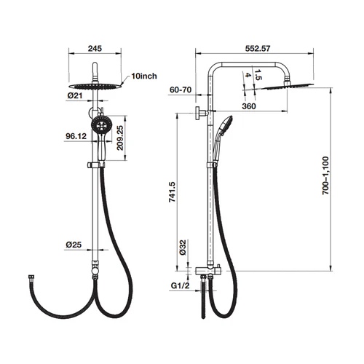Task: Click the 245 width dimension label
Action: pyautogui.click(x=95, y=49)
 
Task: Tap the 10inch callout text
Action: pyautogui.click(x=144, y=76)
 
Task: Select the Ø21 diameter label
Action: pyautogui.click(x=75, y=95)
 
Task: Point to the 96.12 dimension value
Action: pyautogui.click(x=76, y=136)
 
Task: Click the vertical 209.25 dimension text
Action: pyautogui.click(x=120, y=138)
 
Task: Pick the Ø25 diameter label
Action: pyautogui.click(x=74, y=245)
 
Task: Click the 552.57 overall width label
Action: pyautogui.click(x=258, y=49)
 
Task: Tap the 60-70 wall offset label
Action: pyautogui.click(x=181, y=90)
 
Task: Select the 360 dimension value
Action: pyautogui.click(x=249, y=106)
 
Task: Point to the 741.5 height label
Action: pyautogui.click(x=172, y=192)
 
